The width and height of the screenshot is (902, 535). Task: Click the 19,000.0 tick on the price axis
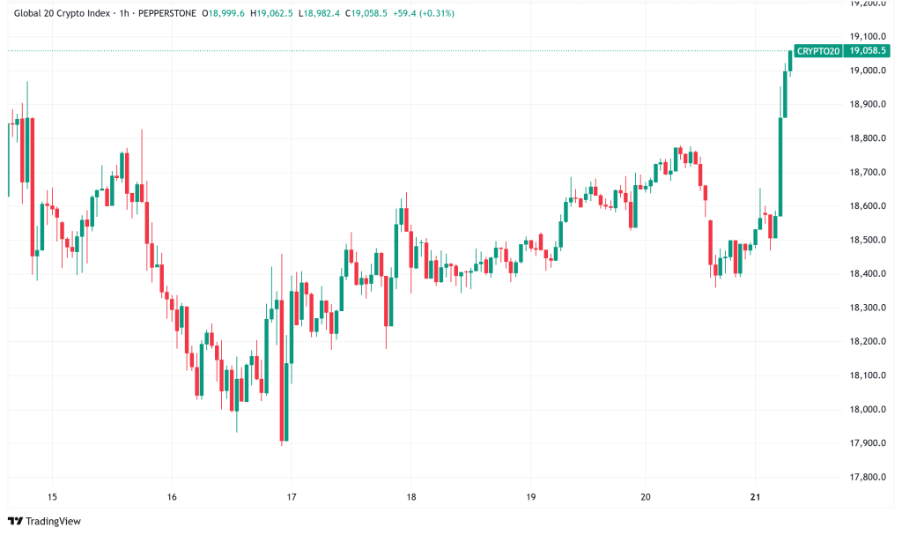pos(865,71)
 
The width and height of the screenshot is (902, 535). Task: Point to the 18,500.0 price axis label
pos(865,240)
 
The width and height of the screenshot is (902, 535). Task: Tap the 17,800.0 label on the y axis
pos(865,478)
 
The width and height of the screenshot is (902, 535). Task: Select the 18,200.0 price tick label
pos(865,342)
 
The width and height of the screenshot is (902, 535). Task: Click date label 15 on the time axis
pos(52,497)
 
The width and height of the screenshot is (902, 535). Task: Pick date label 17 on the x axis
pos(292,497)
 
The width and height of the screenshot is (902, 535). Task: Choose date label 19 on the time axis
pos(530,497)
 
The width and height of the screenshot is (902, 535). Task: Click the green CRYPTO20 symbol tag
pos(817,51)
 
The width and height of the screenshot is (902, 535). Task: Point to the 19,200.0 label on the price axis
pos(865,4)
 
